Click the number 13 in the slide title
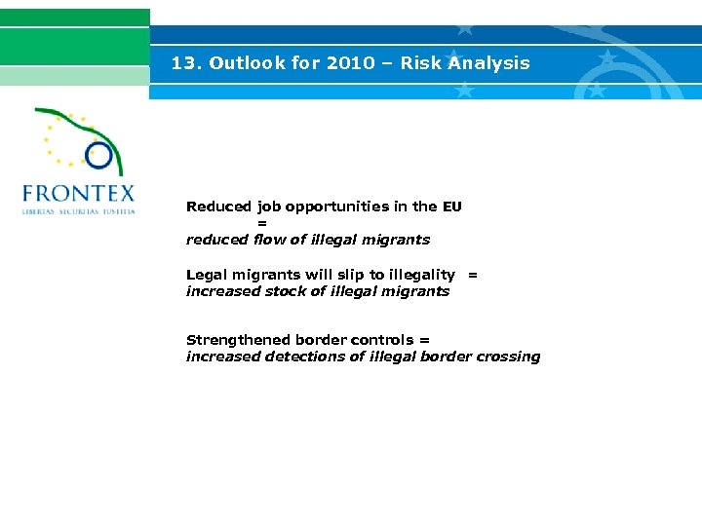tap(182, 63)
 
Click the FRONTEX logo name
tap(78, 193)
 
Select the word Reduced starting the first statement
tap(218, 207)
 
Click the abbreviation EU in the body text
tap(451, 207)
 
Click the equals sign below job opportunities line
tap(261, 223)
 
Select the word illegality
tap(422, 275)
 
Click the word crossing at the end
tap(508, 357)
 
